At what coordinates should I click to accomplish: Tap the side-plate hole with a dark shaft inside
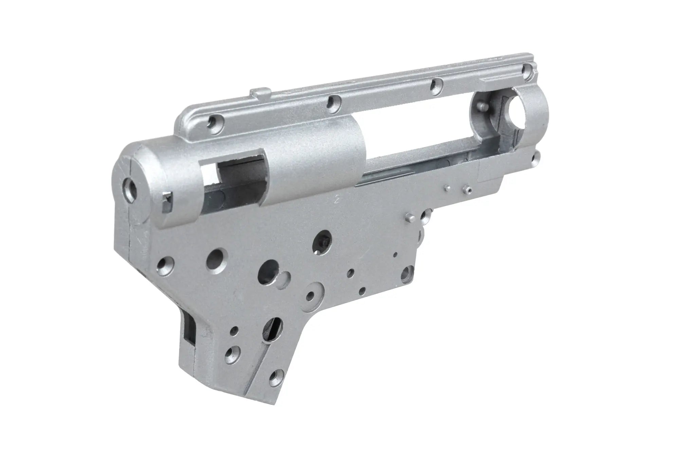click(x=322, y=241)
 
